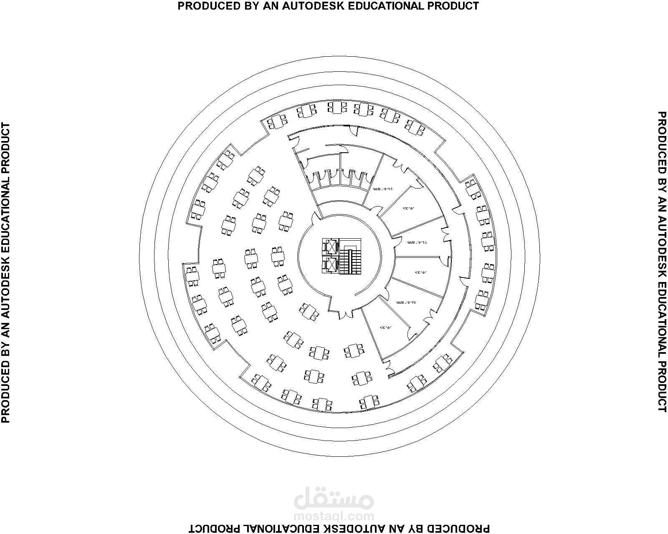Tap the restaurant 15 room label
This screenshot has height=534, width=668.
416,242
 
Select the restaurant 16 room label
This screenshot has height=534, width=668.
406,302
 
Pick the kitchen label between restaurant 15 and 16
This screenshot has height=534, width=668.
420,272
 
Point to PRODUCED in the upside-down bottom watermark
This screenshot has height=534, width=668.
463,529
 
